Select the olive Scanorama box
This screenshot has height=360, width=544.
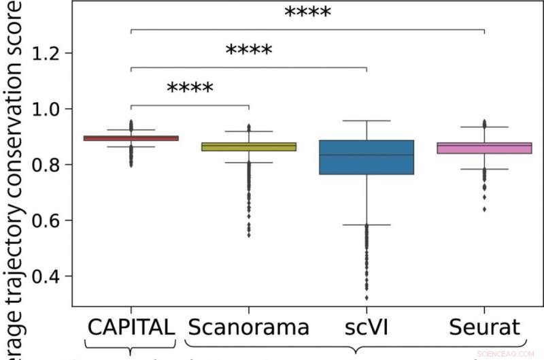click(x=249, y=146)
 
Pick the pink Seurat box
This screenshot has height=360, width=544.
click(x=484, y=148)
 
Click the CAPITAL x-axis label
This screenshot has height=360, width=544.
click(x=131, y=327)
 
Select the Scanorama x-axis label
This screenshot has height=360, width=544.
click(x=249, y=327)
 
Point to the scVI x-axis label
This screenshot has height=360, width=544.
click(x=367, y=327)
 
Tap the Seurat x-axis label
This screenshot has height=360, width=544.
click(x=484, y=327)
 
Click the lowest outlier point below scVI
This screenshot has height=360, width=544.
click(x=367, y=297)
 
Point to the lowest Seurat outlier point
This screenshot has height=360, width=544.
click(x=484, y=209)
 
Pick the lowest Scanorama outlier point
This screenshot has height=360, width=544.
click(x=249, y=235)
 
